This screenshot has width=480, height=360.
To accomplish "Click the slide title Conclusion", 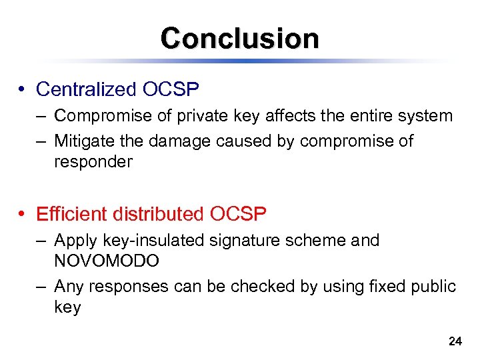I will click(x=239, y=38).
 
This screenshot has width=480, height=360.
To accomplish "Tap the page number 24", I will click(x=455, y=341).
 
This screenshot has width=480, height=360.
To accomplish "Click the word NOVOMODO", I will click(x=107, y=261).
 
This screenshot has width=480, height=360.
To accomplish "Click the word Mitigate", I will click(x=83, y=141).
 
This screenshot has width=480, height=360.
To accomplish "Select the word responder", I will click(x=93, y=162).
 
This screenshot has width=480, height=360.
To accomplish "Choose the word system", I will click(x=425, y=116).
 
